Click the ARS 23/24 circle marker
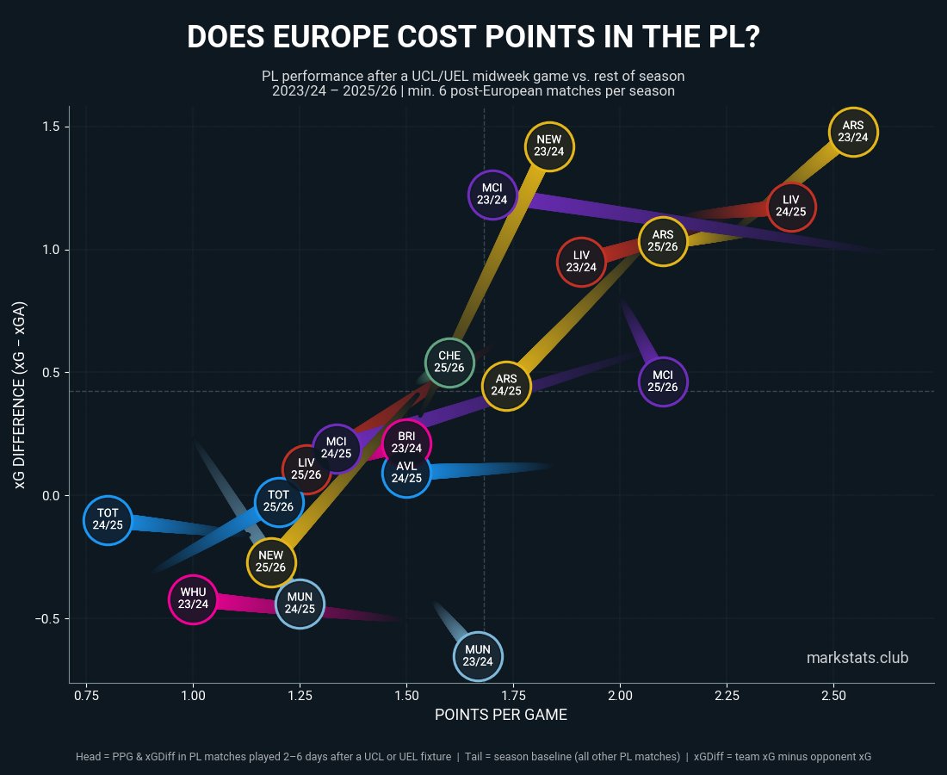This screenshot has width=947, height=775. click(854, 132)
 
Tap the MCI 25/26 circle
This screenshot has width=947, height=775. click(663, 381)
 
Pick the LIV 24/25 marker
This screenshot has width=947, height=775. click(790, 207)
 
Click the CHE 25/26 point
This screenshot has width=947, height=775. click(449, 362)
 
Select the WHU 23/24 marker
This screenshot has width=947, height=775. click(194, 598)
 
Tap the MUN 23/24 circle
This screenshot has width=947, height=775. click(478, 656)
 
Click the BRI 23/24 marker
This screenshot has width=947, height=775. click(406, 443)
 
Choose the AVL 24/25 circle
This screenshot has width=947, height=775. click(406, 472)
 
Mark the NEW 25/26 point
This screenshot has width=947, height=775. click(271, 561)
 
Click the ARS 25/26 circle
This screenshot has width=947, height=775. click(663, 241)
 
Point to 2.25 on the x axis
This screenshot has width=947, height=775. click(726, 695)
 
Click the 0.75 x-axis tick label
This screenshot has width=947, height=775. click(85, 695)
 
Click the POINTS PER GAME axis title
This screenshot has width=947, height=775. click(500, 715)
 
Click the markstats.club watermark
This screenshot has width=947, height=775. click(857, 658)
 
